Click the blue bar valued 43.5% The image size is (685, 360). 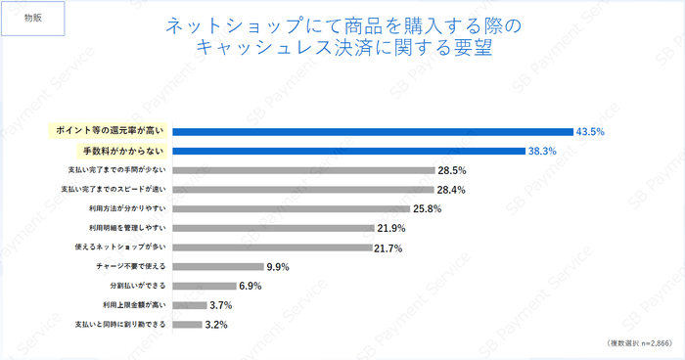pos(372,131)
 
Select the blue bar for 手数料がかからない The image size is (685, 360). pos(348,151)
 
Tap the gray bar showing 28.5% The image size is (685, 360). pos(303,170)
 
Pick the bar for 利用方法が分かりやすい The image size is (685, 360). pos(292,208)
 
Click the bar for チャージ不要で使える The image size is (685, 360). pos(218,266)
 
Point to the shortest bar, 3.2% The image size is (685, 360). pos(188,324)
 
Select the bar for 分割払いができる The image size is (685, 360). pos(205,285)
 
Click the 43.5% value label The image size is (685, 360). pos(591,131)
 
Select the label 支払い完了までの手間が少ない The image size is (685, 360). pos(114,170)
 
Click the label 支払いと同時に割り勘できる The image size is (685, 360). pos(116,324)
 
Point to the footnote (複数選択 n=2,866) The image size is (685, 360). pos(633,345)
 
